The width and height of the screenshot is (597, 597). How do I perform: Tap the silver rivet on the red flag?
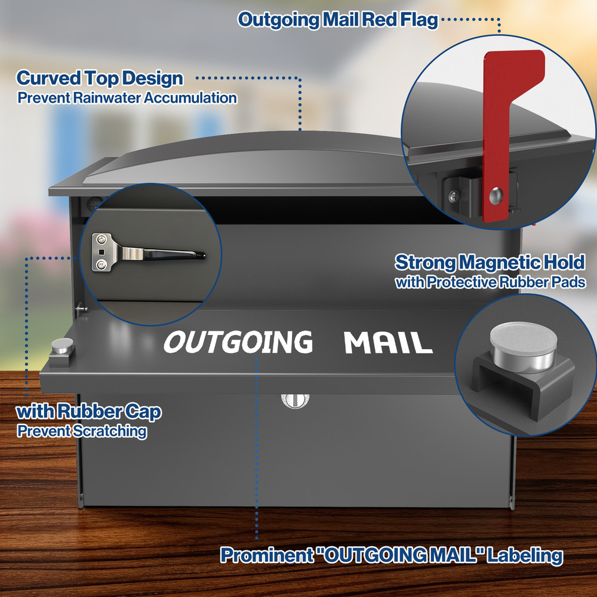pos(496,195)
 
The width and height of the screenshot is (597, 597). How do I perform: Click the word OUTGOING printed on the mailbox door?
pos(238,341)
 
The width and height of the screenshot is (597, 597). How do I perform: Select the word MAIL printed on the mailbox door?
pos(389,342)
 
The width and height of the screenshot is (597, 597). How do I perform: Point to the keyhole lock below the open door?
pos(295,401)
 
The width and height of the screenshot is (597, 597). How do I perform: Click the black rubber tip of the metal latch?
pos(201,255)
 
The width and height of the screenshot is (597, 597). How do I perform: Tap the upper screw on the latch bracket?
pos(101,239)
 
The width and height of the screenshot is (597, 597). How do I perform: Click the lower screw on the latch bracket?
pos(101,264)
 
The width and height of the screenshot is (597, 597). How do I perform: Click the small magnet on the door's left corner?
pos(63,346)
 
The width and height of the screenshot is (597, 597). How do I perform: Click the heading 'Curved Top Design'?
pos(100,78)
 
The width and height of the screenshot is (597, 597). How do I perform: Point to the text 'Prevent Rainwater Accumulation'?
pos(127,98)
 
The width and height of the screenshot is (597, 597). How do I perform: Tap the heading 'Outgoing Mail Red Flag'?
pos(338,20)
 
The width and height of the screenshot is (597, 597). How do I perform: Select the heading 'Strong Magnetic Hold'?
pos(490,262)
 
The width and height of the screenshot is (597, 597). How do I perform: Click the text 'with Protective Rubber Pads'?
pos(490,282)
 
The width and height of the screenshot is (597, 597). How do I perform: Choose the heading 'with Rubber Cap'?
pos(89,411)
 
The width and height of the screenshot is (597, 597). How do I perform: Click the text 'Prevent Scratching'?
pos(82,431)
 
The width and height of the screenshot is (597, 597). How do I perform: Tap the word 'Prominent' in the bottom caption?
pos(267,555)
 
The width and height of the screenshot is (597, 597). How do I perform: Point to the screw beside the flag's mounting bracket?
pos(454,196)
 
